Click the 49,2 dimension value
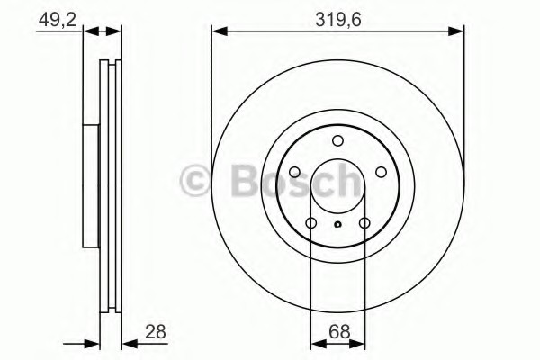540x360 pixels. (x=58, y=19)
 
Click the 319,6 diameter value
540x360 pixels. (x=338, y=20)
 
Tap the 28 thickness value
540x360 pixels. (x=156, y=332)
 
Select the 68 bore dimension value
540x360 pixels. (x=339, y=332)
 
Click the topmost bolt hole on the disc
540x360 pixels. (x=337, y=140)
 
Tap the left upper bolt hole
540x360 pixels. (x=295, y=172)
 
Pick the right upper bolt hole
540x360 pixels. (x=381, y=172)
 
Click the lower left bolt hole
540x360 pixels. (x=311, y=223)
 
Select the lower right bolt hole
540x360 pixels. (x=364, y=223)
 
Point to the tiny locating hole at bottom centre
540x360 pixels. (x=337, y=224)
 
